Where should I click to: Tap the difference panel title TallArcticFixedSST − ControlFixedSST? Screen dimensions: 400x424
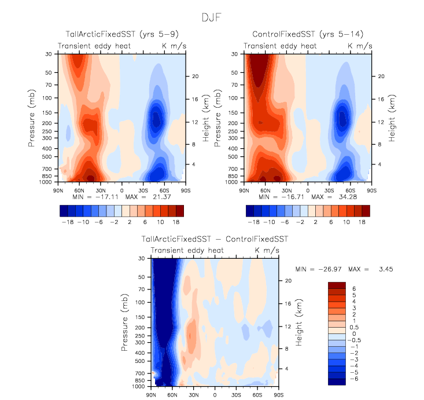tap(215, 238)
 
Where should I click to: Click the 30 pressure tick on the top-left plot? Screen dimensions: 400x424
tap(47, 54)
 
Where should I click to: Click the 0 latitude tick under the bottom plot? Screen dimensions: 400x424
tap(215, 394)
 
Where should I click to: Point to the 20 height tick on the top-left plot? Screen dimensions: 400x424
tap(196, 76)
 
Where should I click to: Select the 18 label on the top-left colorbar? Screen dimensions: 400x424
tap(180, 222)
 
